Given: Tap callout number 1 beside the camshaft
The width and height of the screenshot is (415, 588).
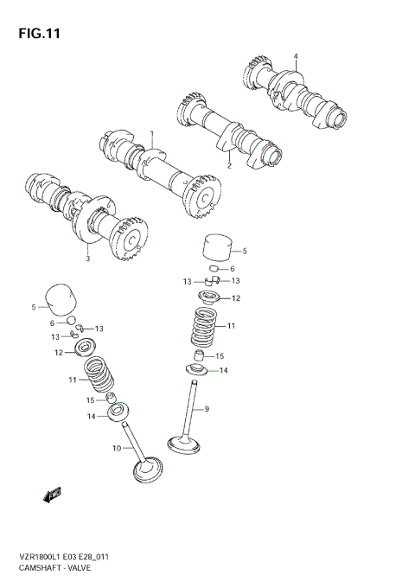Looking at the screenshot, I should (151, 135).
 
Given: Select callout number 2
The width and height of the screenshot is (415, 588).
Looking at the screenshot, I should (229, 165).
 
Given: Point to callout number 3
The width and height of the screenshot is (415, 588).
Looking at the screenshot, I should (88, 258).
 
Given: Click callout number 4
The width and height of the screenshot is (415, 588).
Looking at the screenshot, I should (295, 57).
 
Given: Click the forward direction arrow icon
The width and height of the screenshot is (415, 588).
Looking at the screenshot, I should (51, 495).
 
